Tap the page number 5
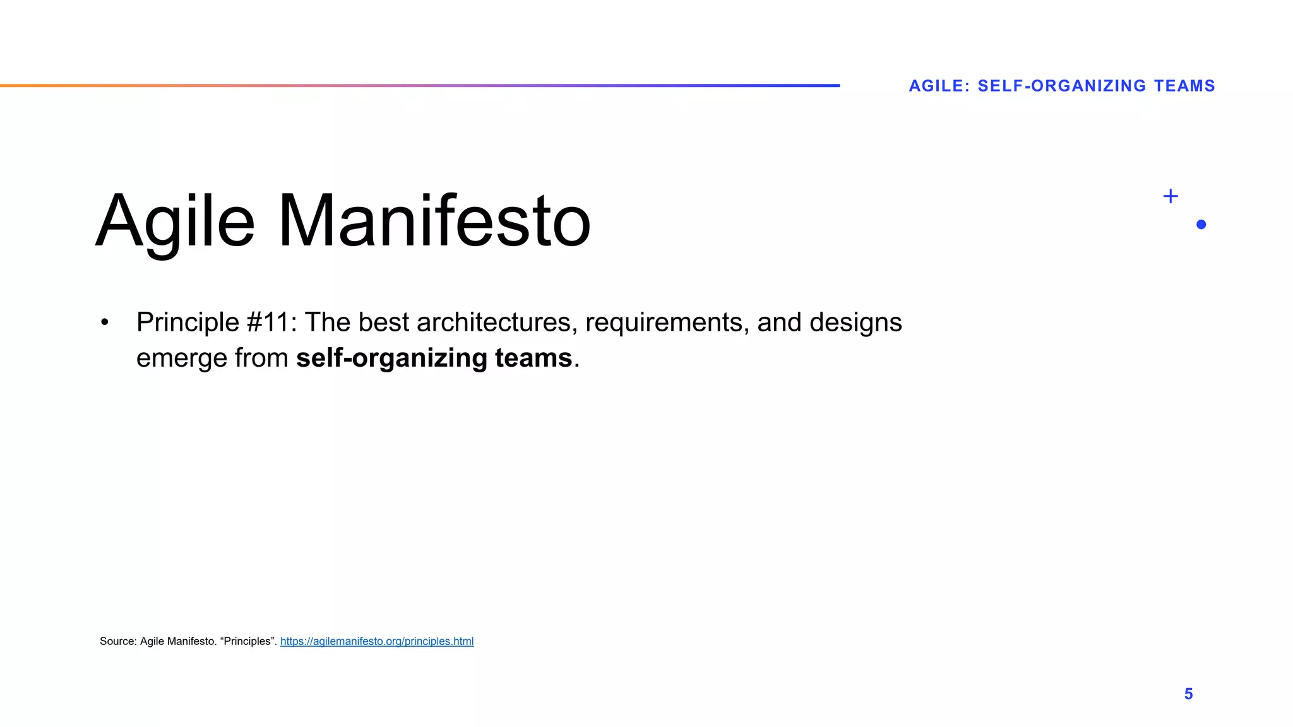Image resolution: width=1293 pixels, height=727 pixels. pyautogui.click(x=1188, y=694)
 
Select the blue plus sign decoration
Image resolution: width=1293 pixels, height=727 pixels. pyautogui.click(x=1171, y=196)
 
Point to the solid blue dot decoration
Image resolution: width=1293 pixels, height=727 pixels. pyautogui.click(x=1201, y=225)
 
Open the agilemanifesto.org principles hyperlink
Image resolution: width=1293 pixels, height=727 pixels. pyautogui.click(x=377, y=641)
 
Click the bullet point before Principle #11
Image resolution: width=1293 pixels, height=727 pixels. pyautogui.click(x=105, y=322)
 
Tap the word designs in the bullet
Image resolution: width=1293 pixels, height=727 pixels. pyautogui.click(x=855, y=322)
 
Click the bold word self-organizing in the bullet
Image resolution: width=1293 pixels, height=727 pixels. pyautogui.click(x=391, y=358)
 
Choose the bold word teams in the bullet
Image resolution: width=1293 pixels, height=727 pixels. pyautogui.click(x=533, y=358)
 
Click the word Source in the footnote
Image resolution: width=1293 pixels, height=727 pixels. pyautogui.click(x=117, y=641)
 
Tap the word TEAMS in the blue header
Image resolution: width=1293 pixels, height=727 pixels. pyautogui.click(x=1184, y=86)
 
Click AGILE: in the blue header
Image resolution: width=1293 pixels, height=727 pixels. pyautogui.click(x=939, y=86)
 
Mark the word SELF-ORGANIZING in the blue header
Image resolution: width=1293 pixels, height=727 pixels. pyautogui.click(x=1061, y=86)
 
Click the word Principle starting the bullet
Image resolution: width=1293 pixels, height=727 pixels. pyautogui.click(x=188, y=322)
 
